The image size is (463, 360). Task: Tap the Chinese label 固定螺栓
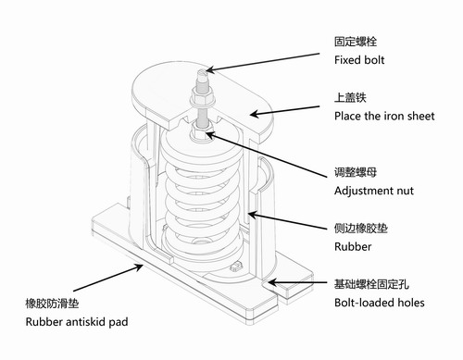[x=356, y=42]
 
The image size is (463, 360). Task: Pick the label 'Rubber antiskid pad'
[x=77, y=321]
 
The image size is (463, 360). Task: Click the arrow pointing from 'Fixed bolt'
[x=269, y=62]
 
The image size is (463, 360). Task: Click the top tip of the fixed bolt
[x=201, y=68]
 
